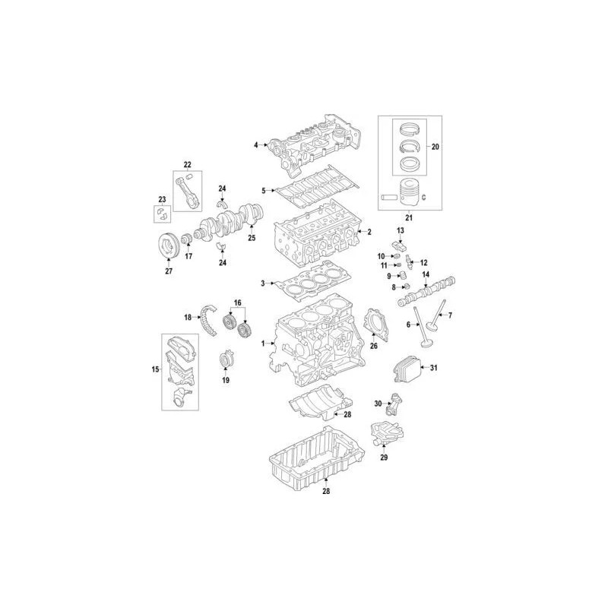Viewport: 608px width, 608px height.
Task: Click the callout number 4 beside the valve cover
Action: tap(256, 144)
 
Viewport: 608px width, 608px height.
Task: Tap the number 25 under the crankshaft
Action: tap(252, 238)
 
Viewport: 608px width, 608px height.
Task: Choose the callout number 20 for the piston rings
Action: tap(435, 145)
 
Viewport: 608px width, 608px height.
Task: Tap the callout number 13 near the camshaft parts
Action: tap(400, 229)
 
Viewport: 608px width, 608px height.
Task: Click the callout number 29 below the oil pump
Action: tap(384, 457)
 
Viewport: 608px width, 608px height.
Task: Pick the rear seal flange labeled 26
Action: tap(373, 323)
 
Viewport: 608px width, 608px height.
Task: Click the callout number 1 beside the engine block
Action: tap(264, 344)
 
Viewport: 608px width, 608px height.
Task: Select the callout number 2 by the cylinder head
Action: tap(369, 231)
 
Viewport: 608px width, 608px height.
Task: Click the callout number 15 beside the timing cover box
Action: tap(155, 370)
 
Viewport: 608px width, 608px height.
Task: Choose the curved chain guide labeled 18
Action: tap(186, 317)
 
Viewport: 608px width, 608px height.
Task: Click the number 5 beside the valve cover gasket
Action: tap(263, 190)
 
